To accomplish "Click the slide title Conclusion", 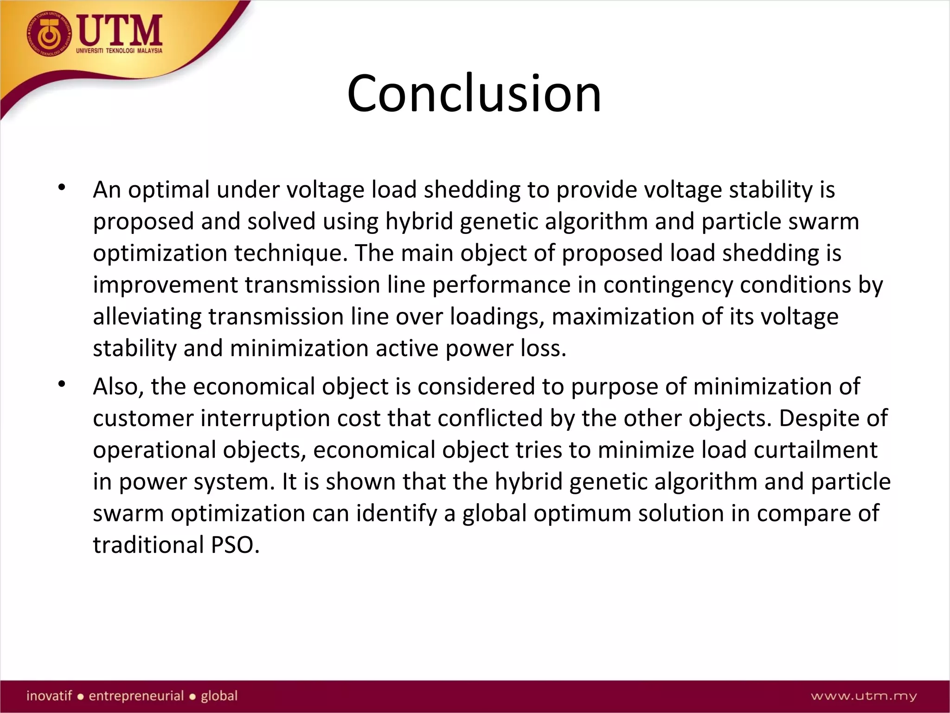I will point(474,94).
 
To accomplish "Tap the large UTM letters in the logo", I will point(120,31).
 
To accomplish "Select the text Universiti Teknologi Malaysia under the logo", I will point(119,51).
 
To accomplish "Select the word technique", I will point(290,253).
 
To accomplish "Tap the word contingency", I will point(668,285).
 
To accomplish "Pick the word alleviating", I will point(147,317).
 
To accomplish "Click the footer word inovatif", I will point(49,696).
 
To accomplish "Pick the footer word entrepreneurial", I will point(136,696).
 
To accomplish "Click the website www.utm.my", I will point(864,696).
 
